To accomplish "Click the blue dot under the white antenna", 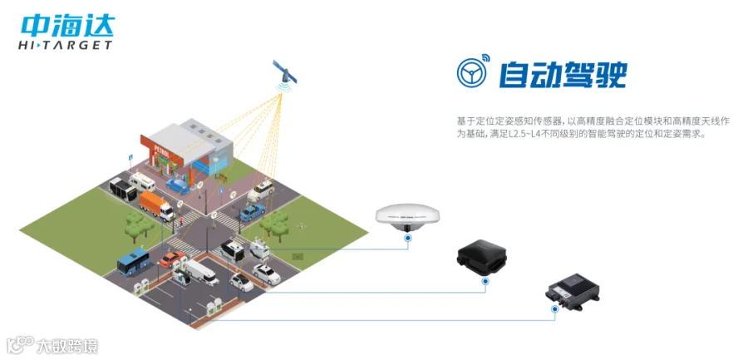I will pyautogui.click(x=408, y=238).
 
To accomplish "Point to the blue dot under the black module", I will pyautogui.click(x=484, y=281).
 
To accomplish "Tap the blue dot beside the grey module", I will pyautogui.click(x=555, y=310).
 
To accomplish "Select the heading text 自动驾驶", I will pyautogui.click(x=562, y=75).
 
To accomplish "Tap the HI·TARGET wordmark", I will pyautogui.click(x=65, y=44).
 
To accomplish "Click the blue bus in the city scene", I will pyautogui.click(x=132, y=262).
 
